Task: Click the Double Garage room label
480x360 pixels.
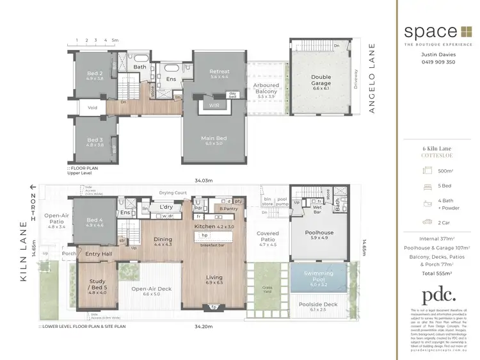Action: coord(321,79)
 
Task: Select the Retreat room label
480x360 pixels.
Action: coord(220,74)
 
